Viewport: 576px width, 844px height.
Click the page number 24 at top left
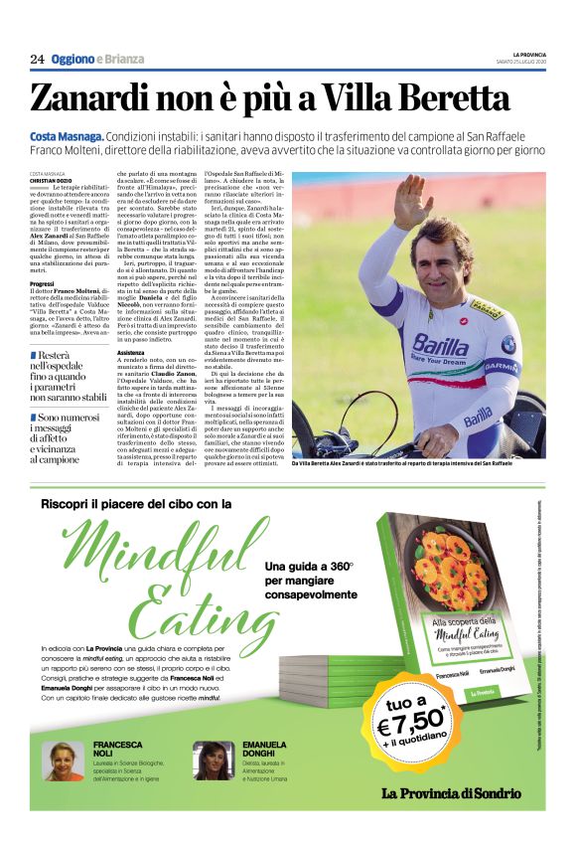pyautogui.click(x=37, y=60)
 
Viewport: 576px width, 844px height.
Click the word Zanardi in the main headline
pyautogui.click(x=102, y=98)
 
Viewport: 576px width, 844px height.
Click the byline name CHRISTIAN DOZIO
pyautogui.click(x=52, y=180)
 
